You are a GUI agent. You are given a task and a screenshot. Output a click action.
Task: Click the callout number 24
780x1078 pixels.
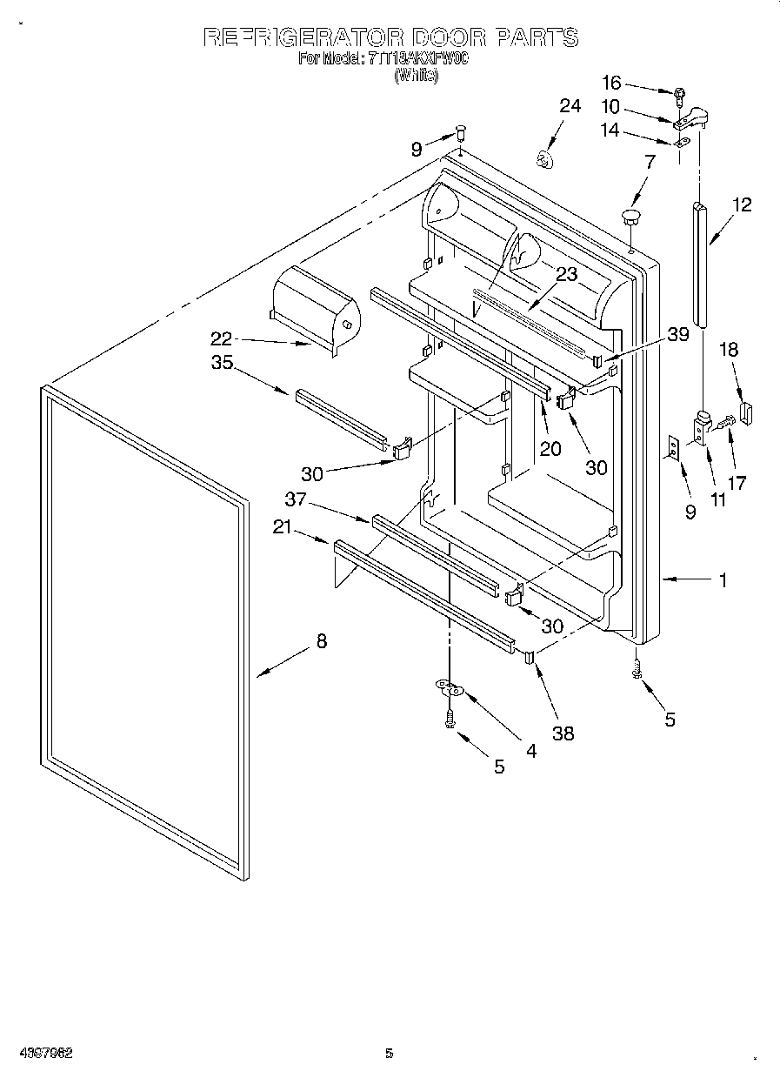(569, 106)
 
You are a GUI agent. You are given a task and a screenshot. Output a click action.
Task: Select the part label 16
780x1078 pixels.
(611, 83)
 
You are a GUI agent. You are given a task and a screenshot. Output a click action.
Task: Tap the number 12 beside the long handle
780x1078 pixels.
(741, 205)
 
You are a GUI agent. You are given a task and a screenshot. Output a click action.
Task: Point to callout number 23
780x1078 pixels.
(566, 274)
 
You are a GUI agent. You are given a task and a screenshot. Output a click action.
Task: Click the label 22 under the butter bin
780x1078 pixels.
(223, 338)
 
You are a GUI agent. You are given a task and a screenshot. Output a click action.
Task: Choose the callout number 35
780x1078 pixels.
(222, 363)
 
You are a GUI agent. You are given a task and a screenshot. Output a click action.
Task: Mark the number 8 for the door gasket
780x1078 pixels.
(322, 641)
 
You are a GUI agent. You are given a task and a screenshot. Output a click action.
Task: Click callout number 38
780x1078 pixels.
(563, 733)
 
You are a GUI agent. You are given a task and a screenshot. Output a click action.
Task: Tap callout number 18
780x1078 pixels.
(728, 349)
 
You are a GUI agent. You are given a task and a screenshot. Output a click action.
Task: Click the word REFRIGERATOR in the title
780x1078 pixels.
(303, 37)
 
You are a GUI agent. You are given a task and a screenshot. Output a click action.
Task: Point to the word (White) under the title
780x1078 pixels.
(416, 76)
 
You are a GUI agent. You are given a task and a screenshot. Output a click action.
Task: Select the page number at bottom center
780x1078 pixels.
(390, 1053)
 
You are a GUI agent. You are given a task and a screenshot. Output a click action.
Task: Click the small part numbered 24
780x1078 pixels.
(544, 159)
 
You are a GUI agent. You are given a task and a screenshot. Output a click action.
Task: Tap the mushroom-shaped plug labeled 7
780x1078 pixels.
(631, 214)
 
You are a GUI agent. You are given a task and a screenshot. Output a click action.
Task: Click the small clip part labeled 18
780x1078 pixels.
(745, 411)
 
